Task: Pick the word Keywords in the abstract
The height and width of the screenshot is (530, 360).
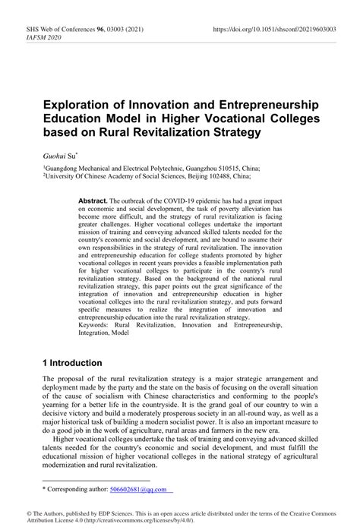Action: coord(96,324)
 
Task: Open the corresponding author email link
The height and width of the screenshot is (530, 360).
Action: coord(136,490)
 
